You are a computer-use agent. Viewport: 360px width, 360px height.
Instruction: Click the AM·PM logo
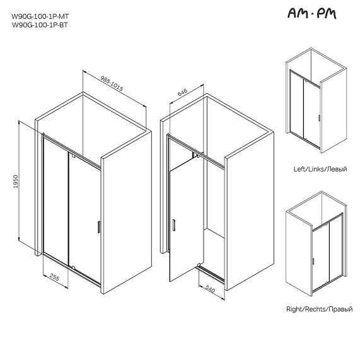[312, 13]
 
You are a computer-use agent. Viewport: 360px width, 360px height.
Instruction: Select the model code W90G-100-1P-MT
[40, 16]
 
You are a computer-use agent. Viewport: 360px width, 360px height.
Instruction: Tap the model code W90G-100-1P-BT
[40, 25]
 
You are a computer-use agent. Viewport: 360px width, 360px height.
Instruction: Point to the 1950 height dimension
[16, 182]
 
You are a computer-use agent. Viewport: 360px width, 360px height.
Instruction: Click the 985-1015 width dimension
[112, 83]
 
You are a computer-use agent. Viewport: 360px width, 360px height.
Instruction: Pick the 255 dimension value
[54, 277]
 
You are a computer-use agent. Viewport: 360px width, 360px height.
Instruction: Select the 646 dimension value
[183, 92]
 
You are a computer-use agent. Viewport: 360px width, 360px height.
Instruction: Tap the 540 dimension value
[210, 289]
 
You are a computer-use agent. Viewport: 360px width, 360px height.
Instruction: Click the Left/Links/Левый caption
[320, 169]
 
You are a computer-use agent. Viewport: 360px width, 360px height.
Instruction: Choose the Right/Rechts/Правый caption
[320, 309]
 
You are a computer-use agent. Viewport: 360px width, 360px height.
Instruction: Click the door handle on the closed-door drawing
[99, 227]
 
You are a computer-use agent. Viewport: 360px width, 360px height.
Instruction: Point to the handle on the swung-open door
[174, 225]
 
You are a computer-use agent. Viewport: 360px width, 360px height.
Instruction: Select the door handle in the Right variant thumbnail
[313, 261]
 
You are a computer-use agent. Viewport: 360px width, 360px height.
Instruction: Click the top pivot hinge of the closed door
[73, 156]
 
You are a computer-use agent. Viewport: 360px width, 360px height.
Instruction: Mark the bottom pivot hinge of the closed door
[73, 267]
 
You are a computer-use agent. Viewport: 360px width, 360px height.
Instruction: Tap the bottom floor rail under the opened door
[211, 274]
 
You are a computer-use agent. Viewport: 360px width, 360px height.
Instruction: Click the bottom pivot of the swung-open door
[199, 265]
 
